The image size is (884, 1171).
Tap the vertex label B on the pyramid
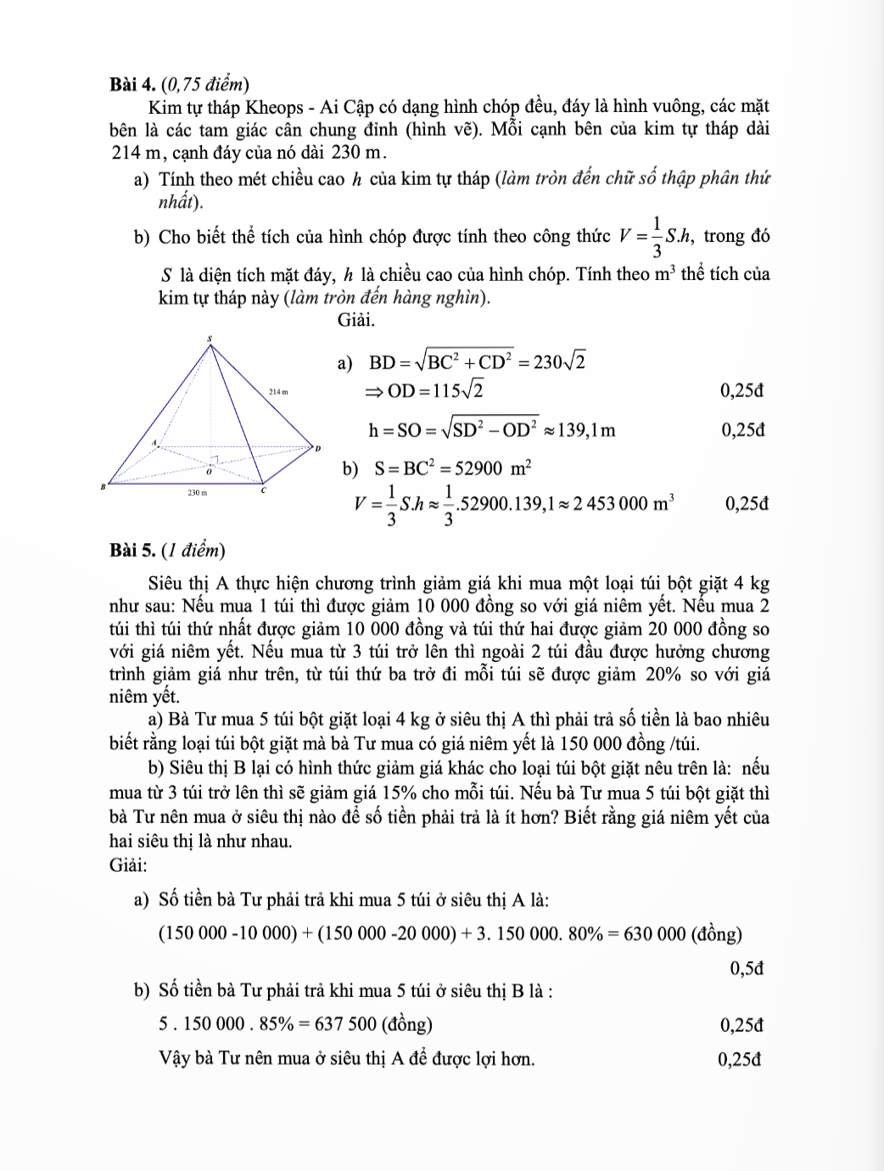[x=102, y=487]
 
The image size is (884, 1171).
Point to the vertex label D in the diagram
[x=318, y=447]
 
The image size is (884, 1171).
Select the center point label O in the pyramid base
[x=209, y=469]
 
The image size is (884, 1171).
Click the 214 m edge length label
[x=278, y=392]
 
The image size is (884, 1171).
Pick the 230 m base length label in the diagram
[x=197, y=492]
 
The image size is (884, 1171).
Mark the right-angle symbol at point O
[x=215, y=459]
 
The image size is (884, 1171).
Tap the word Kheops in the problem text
[x=274, y=108]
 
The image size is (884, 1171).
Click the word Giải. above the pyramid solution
[x=356, y=320]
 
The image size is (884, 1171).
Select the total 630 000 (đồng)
[x=682, y=934]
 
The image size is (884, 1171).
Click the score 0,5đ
[x=747, y=968]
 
